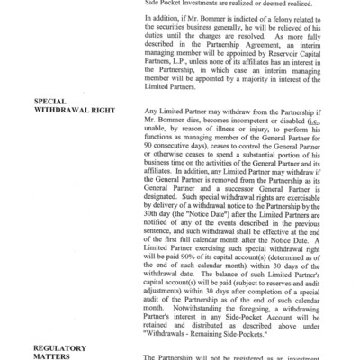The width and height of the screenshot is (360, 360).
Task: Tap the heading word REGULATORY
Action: point(60,345)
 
